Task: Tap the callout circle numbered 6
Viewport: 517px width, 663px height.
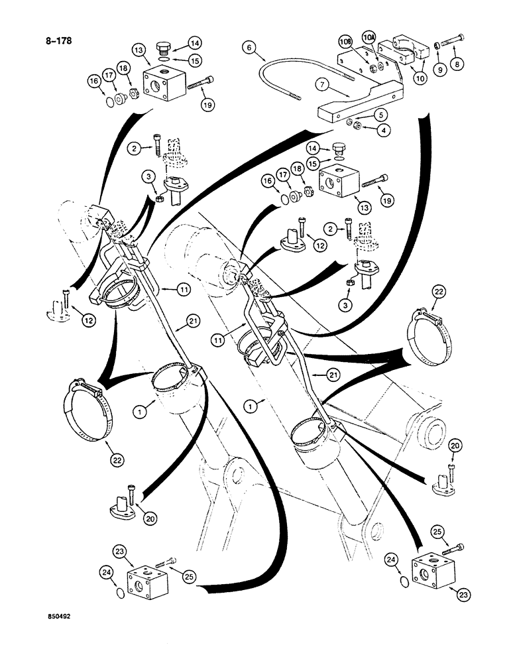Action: click(248, 48)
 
